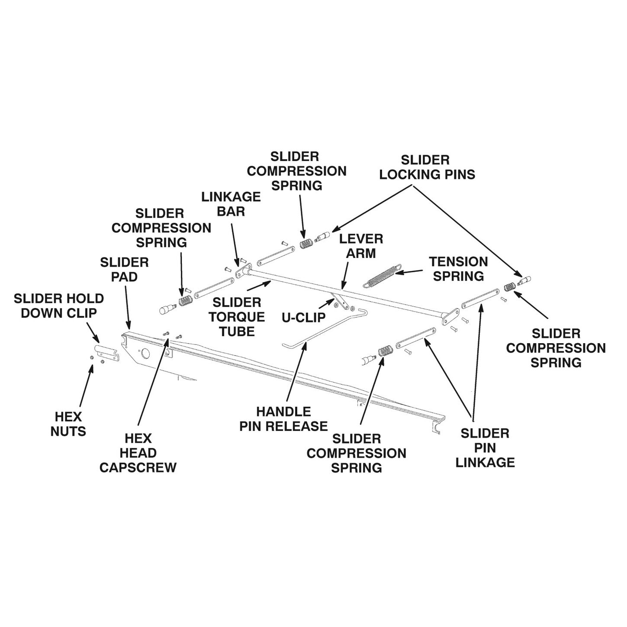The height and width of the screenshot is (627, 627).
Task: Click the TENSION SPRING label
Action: coord(458,269)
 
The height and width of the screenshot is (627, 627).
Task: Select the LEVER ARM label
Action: coord(361,246)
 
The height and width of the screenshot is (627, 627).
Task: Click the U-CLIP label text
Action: coord(304,317)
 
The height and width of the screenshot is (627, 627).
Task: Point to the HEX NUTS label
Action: coord(68,424)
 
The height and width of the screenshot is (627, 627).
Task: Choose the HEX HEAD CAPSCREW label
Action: coord(138,453)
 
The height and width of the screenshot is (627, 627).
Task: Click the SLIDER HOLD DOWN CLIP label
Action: coord(59,305)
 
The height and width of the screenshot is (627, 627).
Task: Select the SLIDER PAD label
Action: coord(124,269)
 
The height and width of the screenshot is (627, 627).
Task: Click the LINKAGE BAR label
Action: coord(231,204)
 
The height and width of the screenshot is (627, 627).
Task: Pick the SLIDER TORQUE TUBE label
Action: coord(237,317)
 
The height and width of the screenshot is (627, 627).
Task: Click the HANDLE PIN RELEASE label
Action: coord(283,419)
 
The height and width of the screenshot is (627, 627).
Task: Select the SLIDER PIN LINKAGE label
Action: coord(485,448)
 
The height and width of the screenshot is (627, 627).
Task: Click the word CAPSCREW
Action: coord(138,468)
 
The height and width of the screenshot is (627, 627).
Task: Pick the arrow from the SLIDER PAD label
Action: coord(127,305)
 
